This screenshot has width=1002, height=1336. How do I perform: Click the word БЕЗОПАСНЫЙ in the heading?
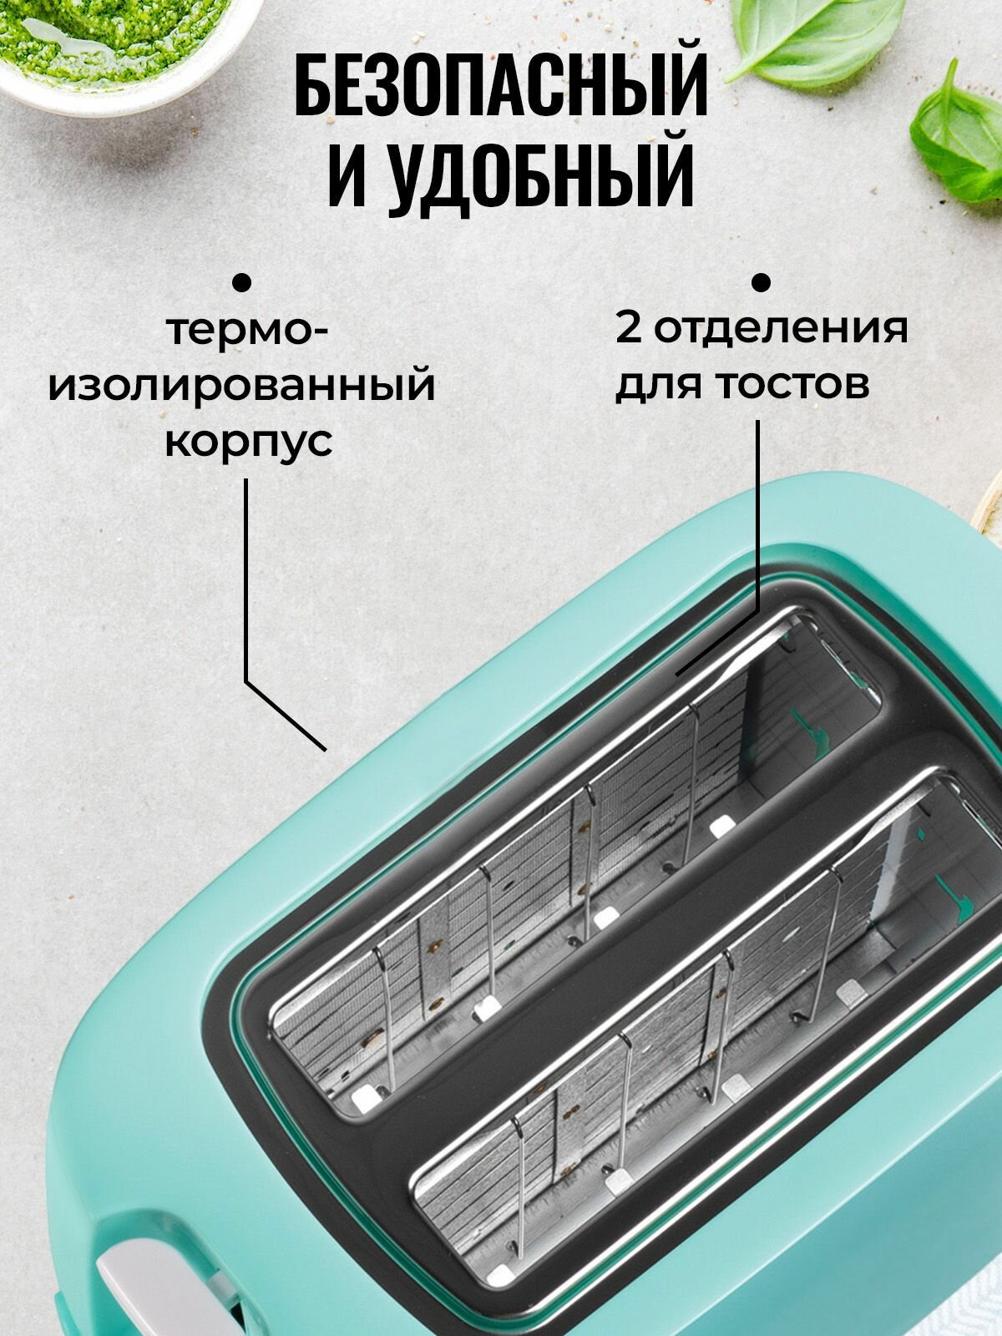click(501, 85)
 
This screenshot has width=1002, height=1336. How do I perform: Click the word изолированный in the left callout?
click(242, 385)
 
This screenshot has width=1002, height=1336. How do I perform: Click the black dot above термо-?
click(242, 283)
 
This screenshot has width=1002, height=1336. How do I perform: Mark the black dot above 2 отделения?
click(760, 282)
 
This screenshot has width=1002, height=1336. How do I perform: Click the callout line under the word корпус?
click(246, 584)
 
